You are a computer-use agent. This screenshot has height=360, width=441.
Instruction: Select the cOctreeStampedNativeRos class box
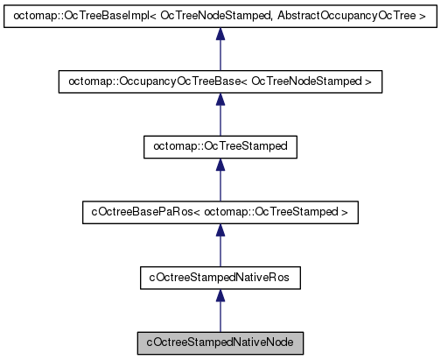(x=220, y=278)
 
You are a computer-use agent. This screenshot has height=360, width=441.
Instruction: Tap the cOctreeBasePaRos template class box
(x=220, y=212)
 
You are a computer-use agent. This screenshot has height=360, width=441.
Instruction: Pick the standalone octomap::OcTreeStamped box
(x=220, y=147)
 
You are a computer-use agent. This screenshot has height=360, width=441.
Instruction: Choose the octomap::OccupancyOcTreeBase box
(x=220, y=81)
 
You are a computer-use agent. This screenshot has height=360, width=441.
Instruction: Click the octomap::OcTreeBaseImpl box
(x=220, y=16)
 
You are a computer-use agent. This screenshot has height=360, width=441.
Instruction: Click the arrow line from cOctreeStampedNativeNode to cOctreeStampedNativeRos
(x=220, y=317)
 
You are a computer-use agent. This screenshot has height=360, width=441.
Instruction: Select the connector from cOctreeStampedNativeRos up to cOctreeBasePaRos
(x=220, y=252)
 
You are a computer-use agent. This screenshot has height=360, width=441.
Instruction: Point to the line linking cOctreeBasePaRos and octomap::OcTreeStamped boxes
(x=220, y=187)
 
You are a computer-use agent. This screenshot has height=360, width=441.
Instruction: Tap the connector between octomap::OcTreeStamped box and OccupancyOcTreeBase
(x=220, y=121)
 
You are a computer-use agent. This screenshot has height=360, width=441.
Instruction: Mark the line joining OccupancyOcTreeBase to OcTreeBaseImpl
(x=220, y=55)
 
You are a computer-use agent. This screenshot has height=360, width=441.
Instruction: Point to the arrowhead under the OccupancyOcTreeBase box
(x=220, y=99)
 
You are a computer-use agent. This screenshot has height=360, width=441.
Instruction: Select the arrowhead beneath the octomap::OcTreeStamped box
(x=220, y=165)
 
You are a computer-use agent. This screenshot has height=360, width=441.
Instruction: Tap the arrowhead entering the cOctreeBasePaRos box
(x=220, y=229)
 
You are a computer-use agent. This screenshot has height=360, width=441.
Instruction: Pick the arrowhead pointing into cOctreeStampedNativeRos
(x=220, y=295)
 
